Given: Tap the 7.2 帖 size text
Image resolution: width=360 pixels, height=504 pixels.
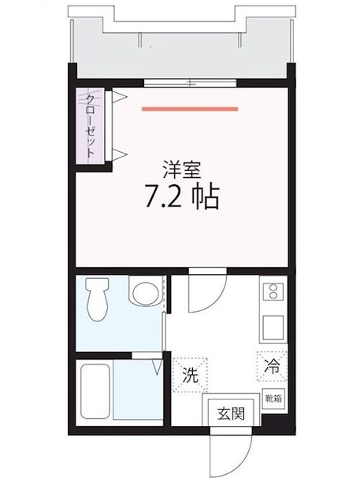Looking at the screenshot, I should (181, 196).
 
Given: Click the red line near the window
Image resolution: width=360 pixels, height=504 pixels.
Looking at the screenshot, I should (190, 109).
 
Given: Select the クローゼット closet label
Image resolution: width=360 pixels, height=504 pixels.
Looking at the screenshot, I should (91, 126).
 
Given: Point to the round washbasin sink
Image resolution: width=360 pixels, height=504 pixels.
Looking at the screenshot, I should (143, 294).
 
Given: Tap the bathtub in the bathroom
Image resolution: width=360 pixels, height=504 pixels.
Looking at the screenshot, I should (97, 391).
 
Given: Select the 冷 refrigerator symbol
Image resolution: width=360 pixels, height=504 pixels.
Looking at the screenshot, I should (272, 367).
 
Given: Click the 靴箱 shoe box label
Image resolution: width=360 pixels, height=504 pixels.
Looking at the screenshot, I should (273, 399).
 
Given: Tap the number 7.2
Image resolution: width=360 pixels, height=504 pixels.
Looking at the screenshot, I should (161, 196).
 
